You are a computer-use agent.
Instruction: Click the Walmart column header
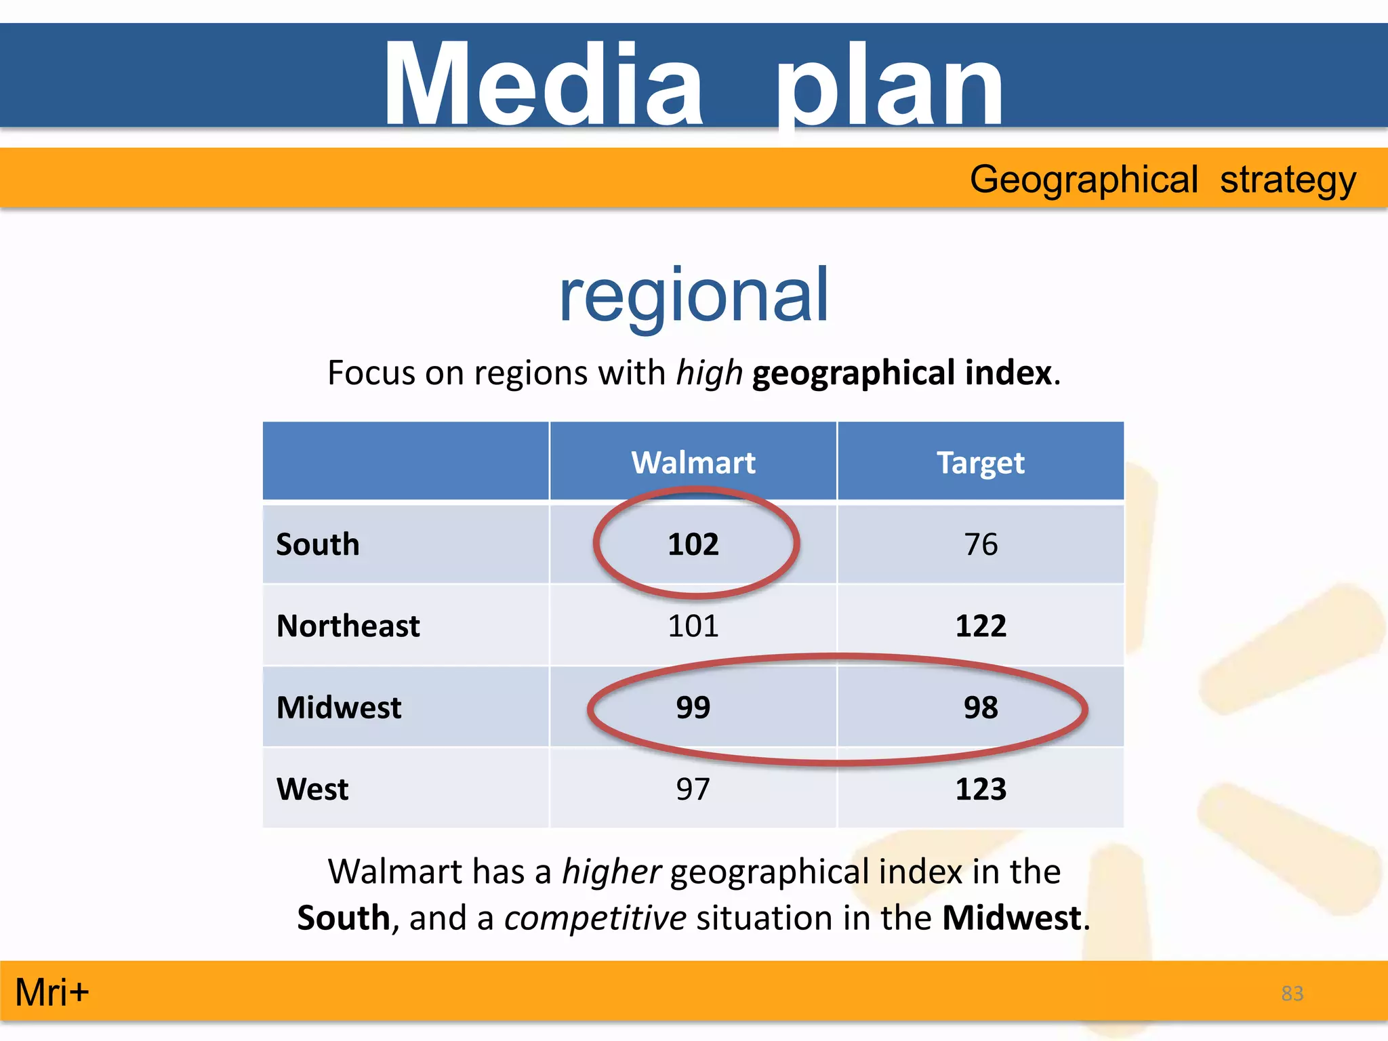click(x=693, y=463)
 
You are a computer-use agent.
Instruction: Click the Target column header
click(x=980, y=463)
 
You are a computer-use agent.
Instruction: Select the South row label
click(x=318, y=544)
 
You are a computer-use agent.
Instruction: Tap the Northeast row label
click(x=348, y=626)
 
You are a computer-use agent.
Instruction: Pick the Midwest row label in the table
click(x=339, y=708)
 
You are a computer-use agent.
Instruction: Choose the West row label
click(x=312, y=789)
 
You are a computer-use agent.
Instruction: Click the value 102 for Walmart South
click(x=693, y=544)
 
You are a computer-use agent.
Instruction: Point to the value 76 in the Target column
click(x=981, y=544)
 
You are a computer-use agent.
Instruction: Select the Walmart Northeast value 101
click(x=693, y=626)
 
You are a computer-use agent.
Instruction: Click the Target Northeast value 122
click(x=981, y=626)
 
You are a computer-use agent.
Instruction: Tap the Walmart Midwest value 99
click(x=693, y=708)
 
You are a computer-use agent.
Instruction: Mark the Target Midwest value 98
click(x=981, y=708)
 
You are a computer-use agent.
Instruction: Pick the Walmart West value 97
click(x=693, y=789)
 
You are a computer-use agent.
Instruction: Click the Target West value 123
click(x=981, y=789)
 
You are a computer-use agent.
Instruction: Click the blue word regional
click(x=693, y=296)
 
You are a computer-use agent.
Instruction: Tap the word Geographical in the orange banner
click(x=1084, y=180)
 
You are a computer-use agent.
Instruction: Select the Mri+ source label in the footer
click(x=52, y=992)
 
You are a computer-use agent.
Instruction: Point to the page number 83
click(x=1292, y=994)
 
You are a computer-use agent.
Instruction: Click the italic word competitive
click(x=595, y=918)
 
